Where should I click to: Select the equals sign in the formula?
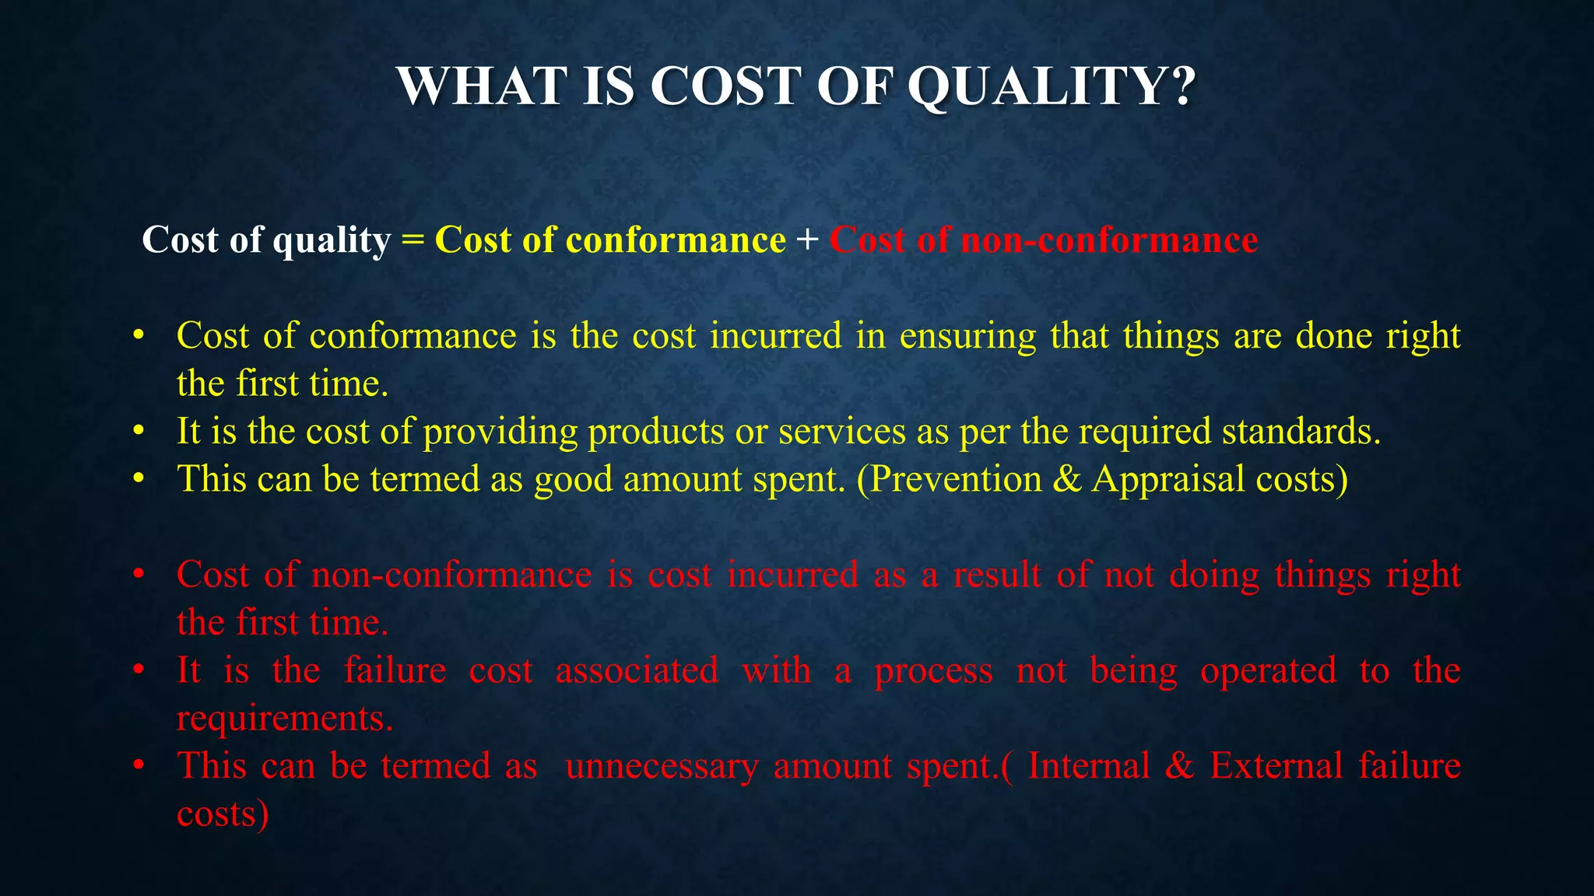413,240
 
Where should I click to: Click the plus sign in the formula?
808,240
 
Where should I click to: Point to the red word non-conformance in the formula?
1109,240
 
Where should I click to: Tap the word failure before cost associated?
395,670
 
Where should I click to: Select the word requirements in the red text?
284,719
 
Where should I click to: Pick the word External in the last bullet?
1276,766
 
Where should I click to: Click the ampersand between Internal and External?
1180,766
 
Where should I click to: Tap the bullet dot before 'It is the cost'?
139,432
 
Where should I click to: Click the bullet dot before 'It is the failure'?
139,670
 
